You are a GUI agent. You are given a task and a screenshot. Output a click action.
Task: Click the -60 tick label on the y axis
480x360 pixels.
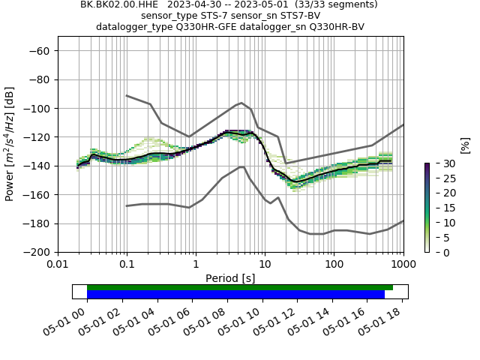tap(40, 50)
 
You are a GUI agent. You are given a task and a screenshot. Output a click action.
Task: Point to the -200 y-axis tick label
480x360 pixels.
tap(37, 252)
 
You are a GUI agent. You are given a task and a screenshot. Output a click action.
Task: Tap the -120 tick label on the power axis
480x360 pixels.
tap(37, 137)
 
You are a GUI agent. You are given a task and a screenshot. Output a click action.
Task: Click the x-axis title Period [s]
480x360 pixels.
tap(230, 277)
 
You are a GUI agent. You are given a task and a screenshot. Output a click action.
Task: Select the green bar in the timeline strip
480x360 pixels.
tap(240, 287)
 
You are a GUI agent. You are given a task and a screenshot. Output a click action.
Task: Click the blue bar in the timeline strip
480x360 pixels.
tap(235, 294)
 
